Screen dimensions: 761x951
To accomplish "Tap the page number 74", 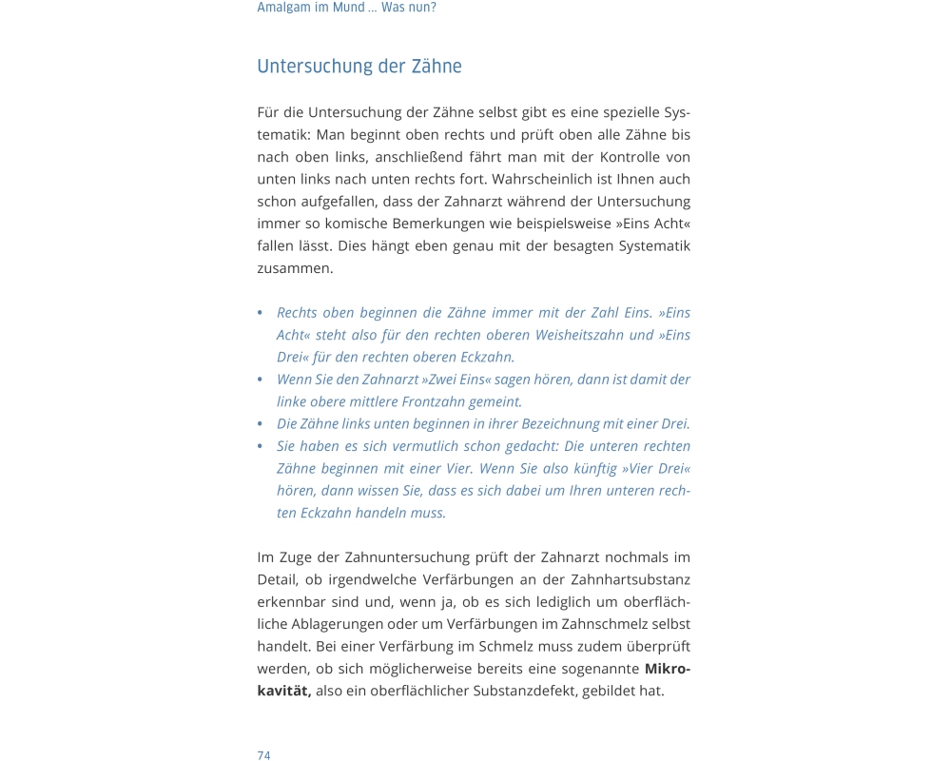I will [263, 755].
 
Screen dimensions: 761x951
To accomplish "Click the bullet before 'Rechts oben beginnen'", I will [261, 313].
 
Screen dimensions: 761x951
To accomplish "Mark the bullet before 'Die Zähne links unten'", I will [261, 424].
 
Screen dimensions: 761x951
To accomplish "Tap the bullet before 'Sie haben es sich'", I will [261, 446].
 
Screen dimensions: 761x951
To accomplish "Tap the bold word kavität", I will [283, 691].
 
